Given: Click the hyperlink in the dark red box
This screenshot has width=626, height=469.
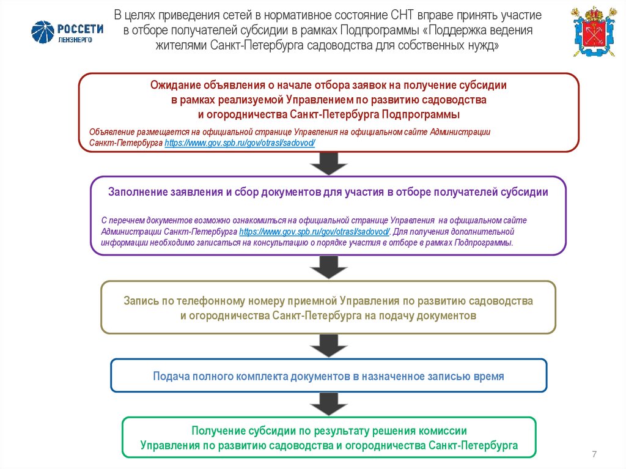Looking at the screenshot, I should pyautogui.click(x=240, y=142).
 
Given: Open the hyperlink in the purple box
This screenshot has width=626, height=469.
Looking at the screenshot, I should pyautogui.click(x=314, y=232).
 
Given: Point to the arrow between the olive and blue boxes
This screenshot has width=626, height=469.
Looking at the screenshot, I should pyautogui.click(x=328, y=346).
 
